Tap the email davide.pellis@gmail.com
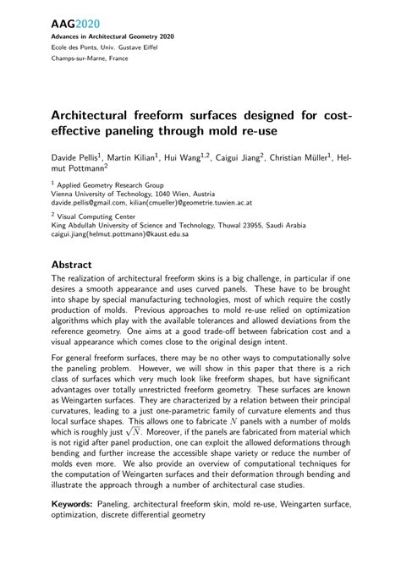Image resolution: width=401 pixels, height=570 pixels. pos(88,203)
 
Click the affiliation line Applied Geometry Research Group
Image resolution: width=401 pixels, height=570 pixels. pos(110,184)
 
